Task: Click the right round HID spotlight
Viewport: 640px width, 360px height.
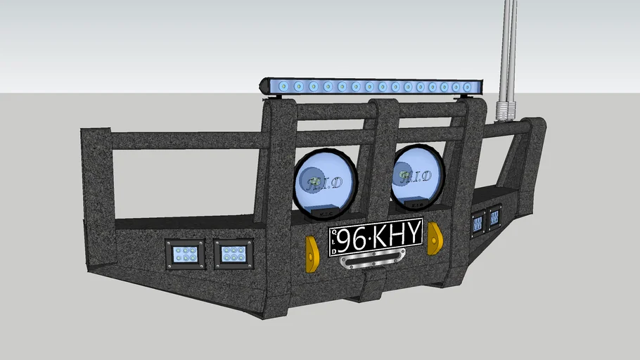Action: [416, 177]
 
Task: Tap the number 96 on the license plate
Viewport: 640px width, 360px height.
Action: [353, 239]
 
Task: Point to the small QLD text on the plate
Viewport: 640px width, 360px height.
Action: [334, 241]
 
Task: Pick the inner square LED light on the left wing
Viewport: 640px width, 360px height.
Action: [233, 252]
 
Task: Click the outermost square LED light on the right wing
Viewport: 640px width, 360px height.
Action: [494, 217]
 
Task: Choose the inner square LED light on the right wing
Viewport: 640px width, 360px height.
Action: [478, 222]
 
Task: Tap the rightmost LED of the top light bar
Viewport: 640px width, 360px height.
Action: [466, 87]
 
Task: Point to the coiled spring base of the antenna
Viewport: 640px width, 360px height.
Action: [506, 110]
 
